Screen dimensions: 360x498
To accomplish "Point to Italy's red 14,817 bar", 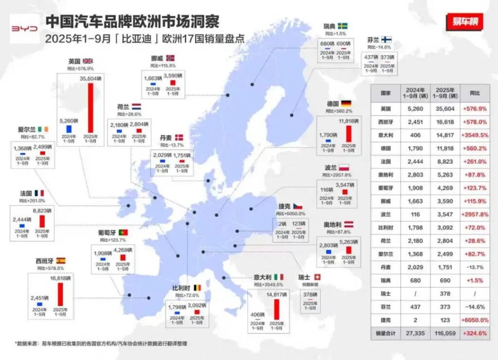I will [x=276, y=309].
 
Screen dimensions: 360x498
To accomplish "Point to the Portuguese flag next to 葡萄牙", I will [x=123, y=233].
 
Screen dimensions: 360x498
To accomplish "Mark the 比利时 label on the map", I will [x=181, y=288].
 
